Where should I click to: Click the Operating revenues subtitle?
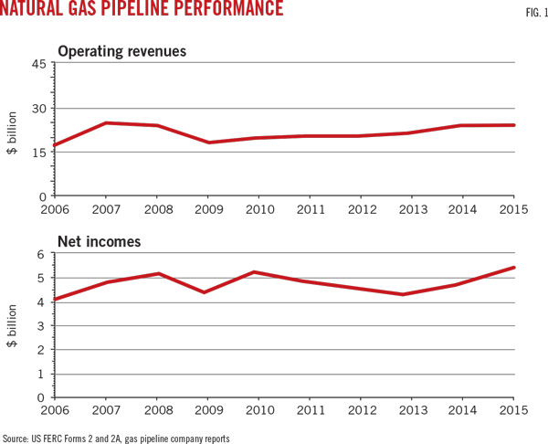(121, 51)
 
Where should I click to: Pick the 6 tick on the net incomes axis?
(43, 255)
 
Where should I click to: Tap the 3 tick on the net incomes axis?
(43, 326)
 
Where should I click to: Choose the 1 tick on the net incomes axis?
(43, 374)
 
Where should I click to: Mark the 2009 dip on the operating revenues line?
(208, 143)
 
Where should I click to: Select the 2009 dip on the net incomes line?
(205, 292)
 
